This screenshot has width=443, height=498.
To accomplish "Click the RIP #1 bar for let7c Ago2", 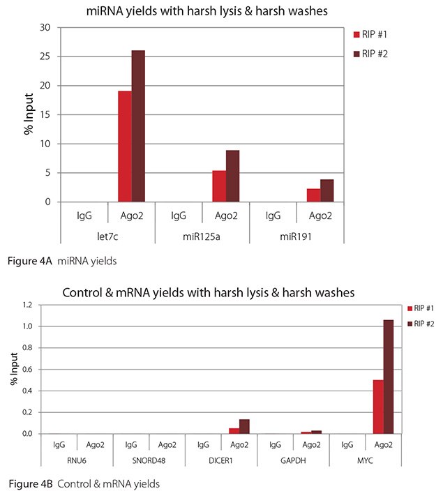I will coord(124,146).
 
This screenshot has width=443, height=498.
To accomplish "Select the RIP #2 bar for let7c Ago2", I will coord(137,126).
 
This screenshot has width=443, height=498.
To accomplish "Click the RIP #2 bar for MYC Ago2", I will coord(388,377).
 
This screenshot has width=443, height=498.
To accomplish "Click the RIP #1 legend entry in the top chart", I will coord(373,34).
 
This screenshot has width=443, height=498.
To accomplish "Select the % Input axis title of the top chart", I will coord(29,115).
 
